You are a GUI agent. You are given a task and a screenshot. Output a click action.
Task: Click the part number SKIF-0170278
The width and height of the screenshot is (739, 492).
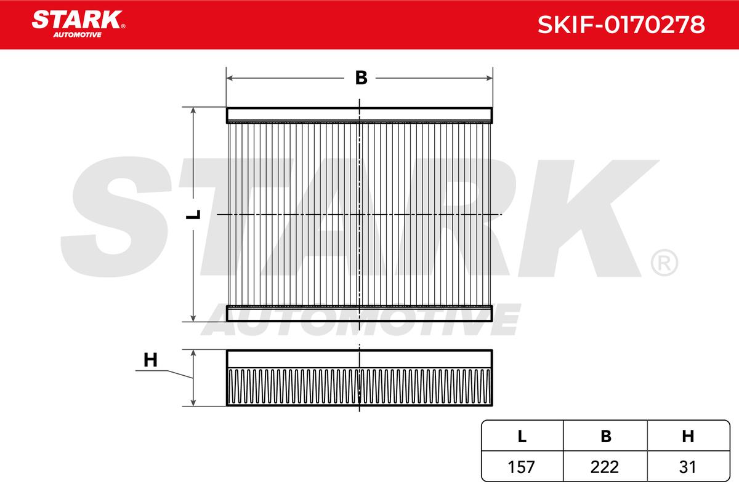click(x=621, y=25)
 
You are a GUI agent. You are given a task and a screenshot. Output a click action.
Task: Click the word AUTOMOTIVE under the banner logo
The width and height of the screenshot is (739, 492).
click(x=78, y=35)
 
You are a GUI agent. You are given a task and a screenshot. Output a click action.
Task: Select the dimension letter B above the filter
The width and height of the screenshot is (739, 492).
click(x=361, y=78)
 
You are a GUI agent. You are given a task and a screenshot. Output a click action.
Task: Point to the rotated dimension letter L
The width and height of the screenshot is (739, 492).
click(x=193, y=215)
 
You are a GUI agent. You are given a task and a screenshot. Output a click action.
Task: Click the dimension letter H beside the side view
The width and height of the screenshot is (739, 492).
click(x=150, y=360)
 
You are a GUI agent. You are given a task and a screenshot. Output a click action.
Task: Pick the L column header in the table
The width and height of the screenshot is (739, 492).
click(x=522, y=436)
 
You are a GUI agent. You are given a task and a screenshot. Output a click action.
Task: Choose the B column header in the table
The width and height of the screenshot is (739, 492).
click(x=606, y=436)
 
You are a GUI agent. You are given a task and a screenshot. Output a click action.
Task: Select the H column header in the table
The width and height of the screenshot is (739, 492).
click(x=688, y=436)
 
